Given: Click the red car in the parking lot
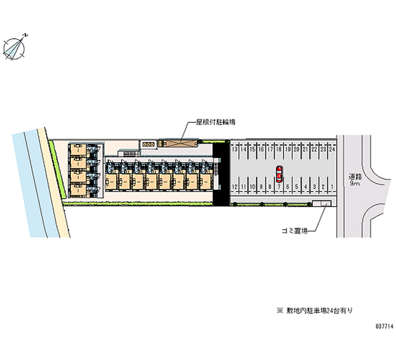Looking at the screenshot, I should pos(279,175).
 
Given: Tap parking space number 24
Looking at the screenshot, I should pos(333,149).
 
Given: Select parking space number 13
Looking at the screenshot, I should pos(235,149).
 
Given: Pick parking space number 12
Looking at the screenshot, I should pos(235,186).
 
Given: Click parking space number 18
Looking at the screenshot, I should pos(279,149).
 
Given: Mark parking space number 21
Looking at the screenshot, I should pos(306,149).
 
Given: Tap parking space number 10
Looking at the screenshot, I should pos(252,186).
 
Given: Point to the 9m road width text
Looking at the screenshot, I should pos(354,184).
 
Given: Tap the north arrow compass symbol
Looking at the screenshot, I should pos(15,48).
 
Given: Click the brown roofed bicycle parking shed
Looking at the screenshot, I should pos(177,143).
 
